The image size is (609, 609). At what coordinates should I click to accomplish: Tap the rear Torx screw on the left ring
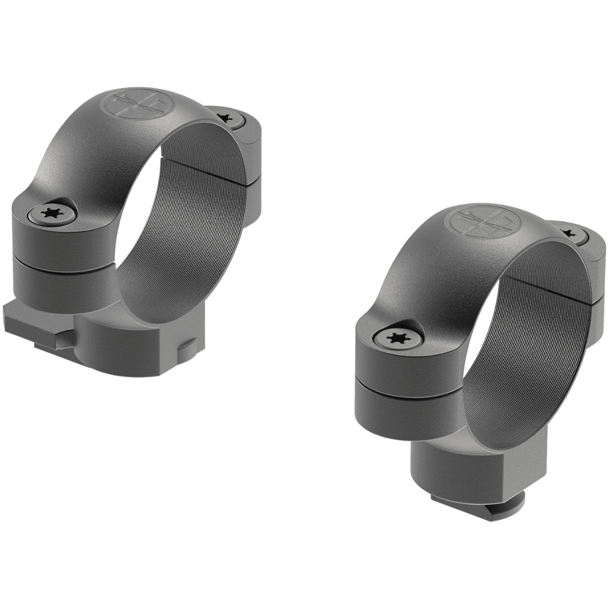coord(225,118)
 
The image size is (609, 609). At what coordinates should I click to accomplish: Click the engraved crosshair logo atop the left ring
coord(133,103)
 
